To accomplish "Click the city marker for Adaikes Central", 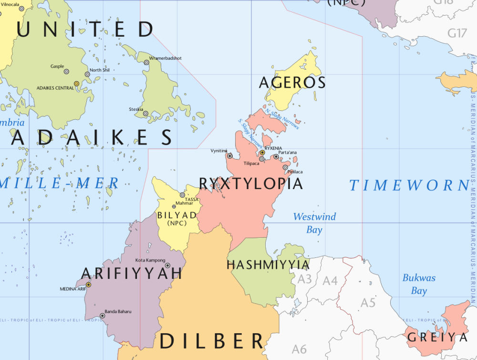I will [76, 84].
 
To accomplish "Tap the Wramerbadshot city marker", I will [146, 62].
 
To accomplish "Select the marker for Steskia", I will [145, 114].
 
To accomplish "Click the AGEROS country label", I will [292, 83].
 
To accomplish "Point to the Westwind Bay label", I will [314, 223].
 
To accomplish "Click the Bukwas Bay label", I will [419, 284].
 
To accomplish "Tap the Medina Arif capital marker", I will [88, 285].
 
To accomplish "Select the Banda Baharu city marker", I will [102, 316].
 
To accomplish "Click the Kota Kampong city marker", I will [167, 265].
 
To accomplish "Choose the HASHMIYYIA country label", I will [268, 264].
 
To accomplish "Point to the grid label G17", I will [456, 33].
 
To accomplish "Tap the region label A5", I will [368, 303].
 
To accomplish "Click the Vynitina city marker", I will [230, 156].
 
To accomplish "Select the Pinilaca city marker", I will [285, 167].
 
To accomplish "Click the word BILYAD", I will [176, 215].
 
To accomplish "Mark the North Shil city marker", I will [87, 74].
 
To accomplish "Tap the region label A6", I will [299, 349].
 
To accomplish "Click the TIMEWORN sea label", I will [409, 186].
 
